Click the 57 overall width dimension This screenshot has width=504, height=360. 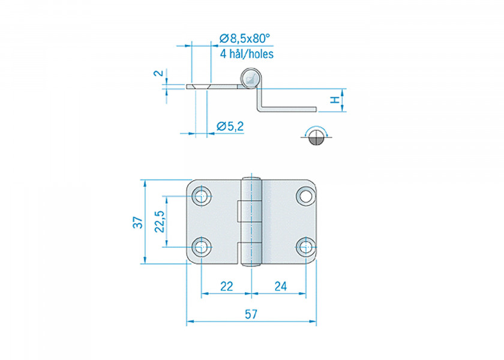(251, 314)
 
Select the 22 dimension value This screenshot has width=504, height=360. (226, 287)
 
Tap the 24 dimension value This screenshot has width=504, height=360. (280, 287)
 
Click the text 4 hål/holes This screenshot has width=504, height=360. (247, 54)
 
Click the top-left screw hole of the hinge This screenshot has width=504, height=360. (201, 196)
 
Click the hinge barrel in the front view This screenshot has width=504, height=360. (253, 221)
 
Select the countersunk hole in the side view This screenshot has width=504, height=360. (200, 87)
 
